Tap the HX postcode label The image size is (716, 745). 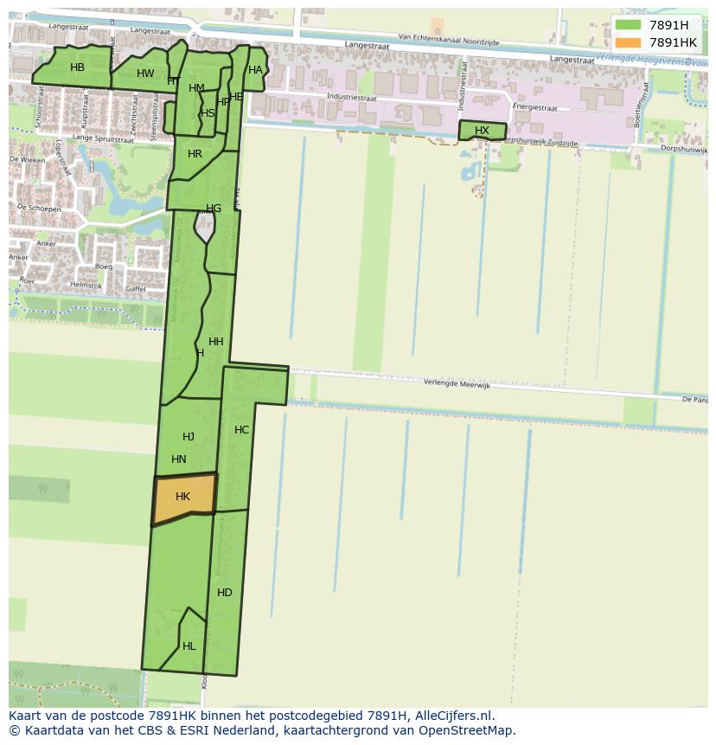tap(482, 131)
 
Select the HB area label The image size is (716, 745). tap(77, 67)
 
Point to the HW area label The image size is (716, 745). tap(145, 74)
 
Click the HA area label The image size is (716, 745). tap(255, 70)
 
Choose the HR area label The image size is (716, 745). tap(195, 154)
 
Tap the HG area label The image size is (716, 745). tap(214, 209)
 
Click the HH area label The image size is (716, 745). tap(216, 342)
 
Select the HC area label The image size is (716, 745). tap(241, 430)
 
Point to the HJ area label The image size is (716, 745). tap(189, 437)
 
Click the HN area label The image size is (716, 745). tap(179, 459)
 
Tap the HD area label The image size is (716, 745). tap(225, 593)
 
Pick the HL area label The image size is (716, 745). tap(189, 646)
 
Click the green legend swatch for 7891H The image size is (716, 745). tap(629, 25)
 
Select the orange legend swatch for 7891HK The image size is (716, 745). tap(629, 42)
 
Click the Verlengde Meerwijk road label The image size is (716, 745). tap(457, 384)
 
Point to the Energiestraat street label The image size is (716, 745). tap(534, 108)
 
